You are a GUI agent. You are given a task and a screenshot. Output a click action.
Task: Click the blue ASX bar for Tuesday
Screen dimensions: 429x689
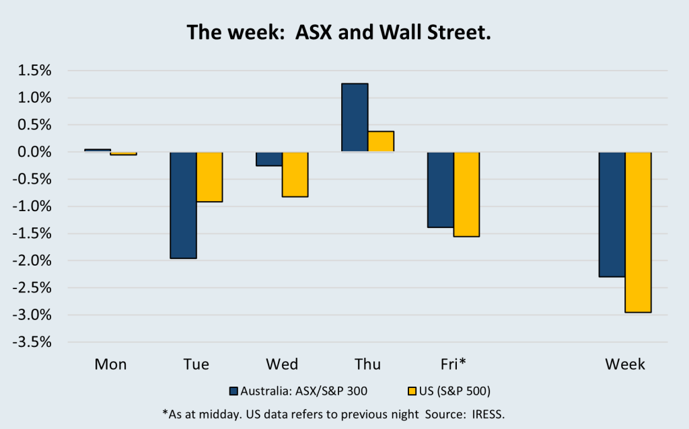click(x=183, y=205)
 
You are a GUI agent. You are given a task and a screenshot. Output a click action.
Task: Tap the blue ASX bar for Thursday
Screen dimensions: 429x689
click(x=355, y=118)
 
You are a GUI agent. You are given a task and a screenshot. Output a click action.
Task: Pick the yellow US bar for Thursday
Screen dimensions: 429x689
click(x=381, y=141)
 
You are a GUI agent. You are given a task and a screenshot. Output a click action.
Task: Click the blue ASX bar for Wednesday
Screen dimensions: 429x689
click(x=269, y=159)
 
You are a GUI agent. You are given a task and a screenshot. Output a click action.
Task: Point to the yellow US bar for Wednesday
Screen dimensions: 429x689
click(x=295, y=174)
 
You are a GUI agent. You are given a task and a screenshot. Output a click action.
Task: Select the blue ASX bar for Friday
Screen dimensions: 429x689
click(x=441, y=190)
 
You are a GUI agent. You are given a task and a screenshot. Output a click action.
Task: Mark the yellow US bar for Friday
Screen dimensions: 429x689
click(x=467, y=194)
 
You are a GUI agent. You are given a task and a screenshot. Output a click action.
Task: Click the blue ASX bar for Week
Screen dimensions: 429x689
click(x=612, y=214)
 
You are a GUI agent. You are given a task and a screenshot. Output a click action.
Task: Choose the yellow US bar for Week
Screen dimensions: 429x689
click(x=639, y=232)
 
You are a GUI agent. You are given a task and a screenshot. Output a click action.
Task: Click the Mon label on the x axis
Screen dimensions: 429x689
click(x=110, y=364)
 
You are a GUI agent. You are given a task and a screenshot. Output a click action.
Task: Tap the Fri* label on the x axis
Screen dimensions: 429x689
click(x=454, y=364)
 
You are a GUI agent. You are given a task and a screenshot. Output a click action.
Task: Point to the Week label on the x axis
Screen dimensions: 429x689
click(x=625, y=364)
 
